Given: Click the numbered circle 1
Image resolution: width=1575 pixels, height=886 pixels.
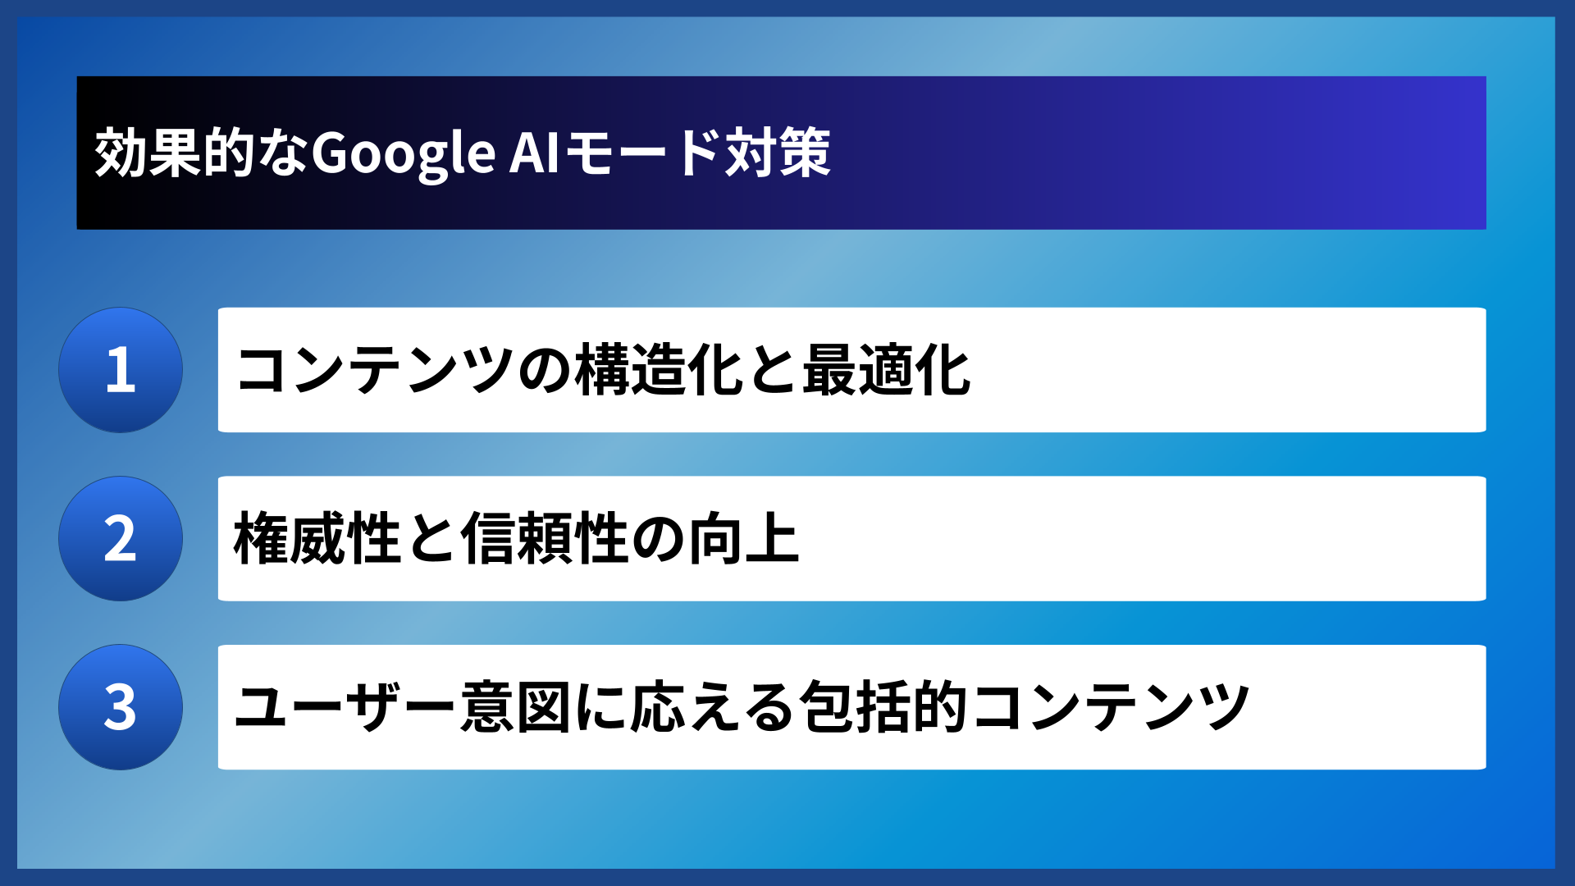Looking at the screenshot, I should (x=121, y=370).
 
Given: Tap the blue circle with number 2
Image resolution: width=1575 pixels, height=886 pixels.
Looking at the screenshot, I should (x=121, y=539).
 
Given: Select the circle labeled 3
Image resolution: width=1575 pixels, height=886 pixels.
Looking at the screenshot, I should (x=121, y=707).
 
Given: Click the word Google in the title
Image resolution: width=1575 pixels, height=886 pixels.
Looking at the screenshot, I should (x=403, y=153).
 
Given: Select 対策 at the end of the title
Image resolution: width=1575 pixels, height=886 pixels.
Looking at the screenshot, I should (x=778, y=153).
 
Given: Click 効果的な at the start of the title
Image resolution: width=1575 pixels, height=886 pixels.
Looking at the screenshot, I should (x=202, y=153).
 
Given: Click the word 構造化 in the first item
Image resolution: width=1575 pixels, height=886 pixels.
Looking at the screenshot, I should (x=660, y=370).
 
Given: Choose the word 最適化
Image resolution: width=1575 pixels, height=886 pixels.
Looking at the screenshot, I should (x=887, y=370).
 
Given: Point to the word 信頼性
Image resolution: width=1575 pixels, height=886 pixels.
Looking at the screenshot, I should (x=546, y=539).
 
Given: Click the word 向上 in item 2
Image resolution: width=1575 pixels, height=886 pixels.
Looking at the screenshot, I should (x=743, y=539).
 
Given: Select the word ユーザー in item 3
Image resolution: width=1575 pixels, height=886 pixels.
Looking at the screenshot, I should (x=345, y=707).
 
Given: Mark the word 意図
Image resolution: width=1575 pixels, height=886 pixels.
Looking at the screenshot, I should (x=515, y=707).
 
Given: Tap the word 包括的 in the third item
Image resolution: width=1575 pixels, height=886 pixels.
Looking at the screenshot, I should (x=883, y=707).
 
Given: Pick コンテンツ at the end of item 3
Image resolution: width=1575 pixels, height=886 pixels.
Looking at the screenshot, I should (x=1111, y=707).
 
